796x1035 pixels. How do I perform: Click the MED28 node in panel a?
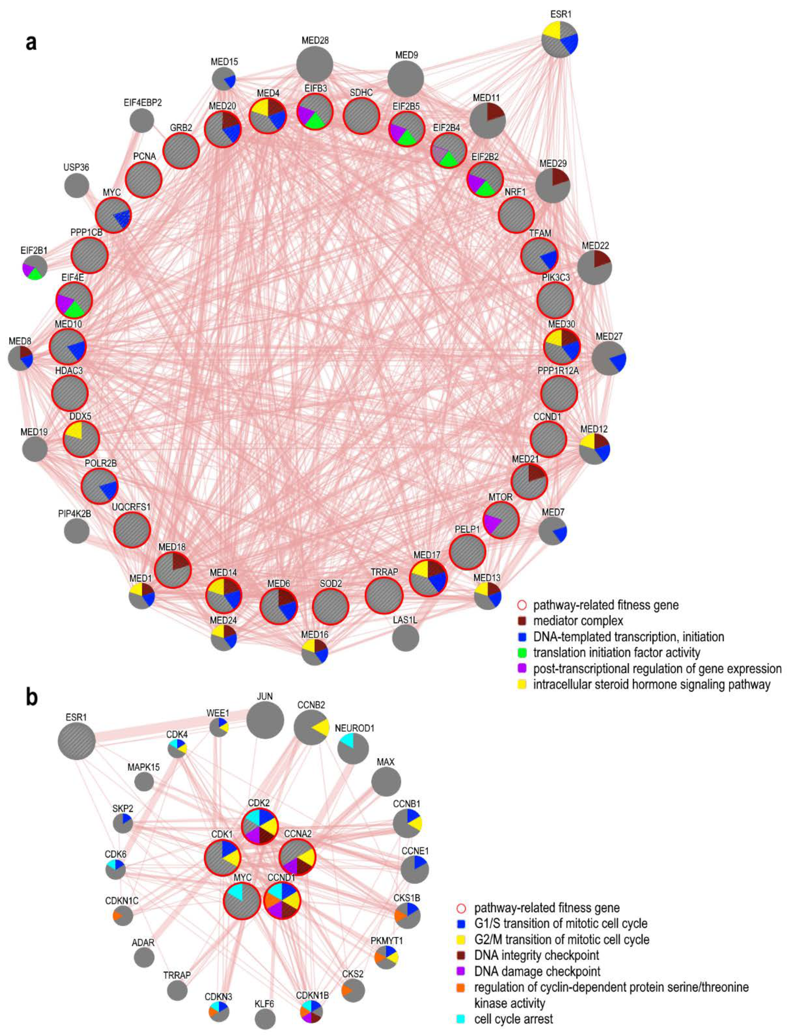315,64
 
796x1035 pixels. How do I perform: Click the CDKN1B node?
311,1011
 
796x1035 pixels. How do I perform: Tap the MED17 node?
428,578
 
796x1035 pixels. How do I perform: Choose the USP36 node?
76,186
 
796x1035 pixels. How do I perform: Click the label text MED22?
595,246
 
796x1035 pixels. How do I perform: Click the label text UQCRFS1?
131,507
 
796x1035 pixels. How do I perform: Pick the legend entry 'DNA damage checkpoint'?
537,971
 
